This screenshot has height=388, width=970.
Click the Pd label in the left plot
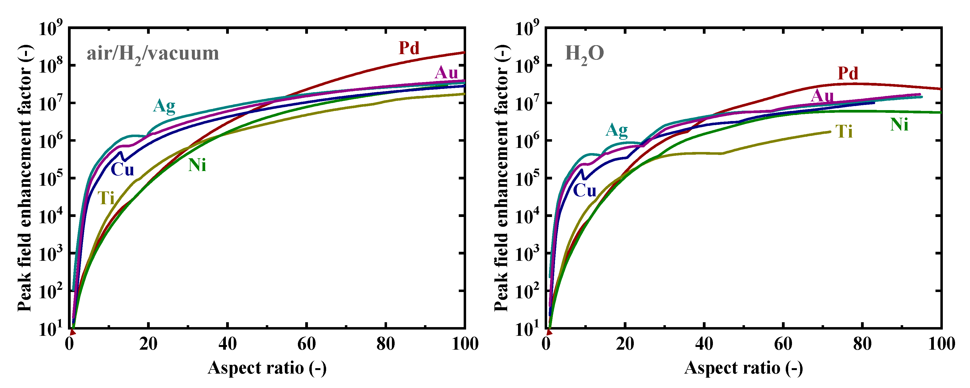(x=409, y=48)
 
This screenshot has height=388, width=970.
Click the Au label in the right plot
(x=822, y=96)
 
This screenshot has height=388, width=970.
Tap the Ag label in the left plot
(x=164, y=106)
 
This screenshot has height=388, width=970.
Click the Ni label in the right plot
(x=899, y=125)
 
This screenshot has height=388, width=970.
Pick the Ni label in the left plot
(x=197, y=165)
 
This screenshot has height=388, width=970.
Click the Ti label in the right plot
(x=844, y=132)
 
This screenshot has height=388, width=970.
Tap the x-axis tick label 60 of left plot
(x=307, y=344)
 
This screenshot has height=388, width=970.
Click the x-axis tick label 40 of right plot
(x=704, y=344)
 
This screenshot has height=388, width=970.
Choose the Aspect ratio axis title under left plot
(x=267, y=368)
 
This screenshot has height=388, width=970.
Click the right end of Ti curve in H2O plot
(x=830, y=132)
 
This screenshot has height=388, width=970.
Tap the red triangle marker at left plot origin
(x=73, y=332)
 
